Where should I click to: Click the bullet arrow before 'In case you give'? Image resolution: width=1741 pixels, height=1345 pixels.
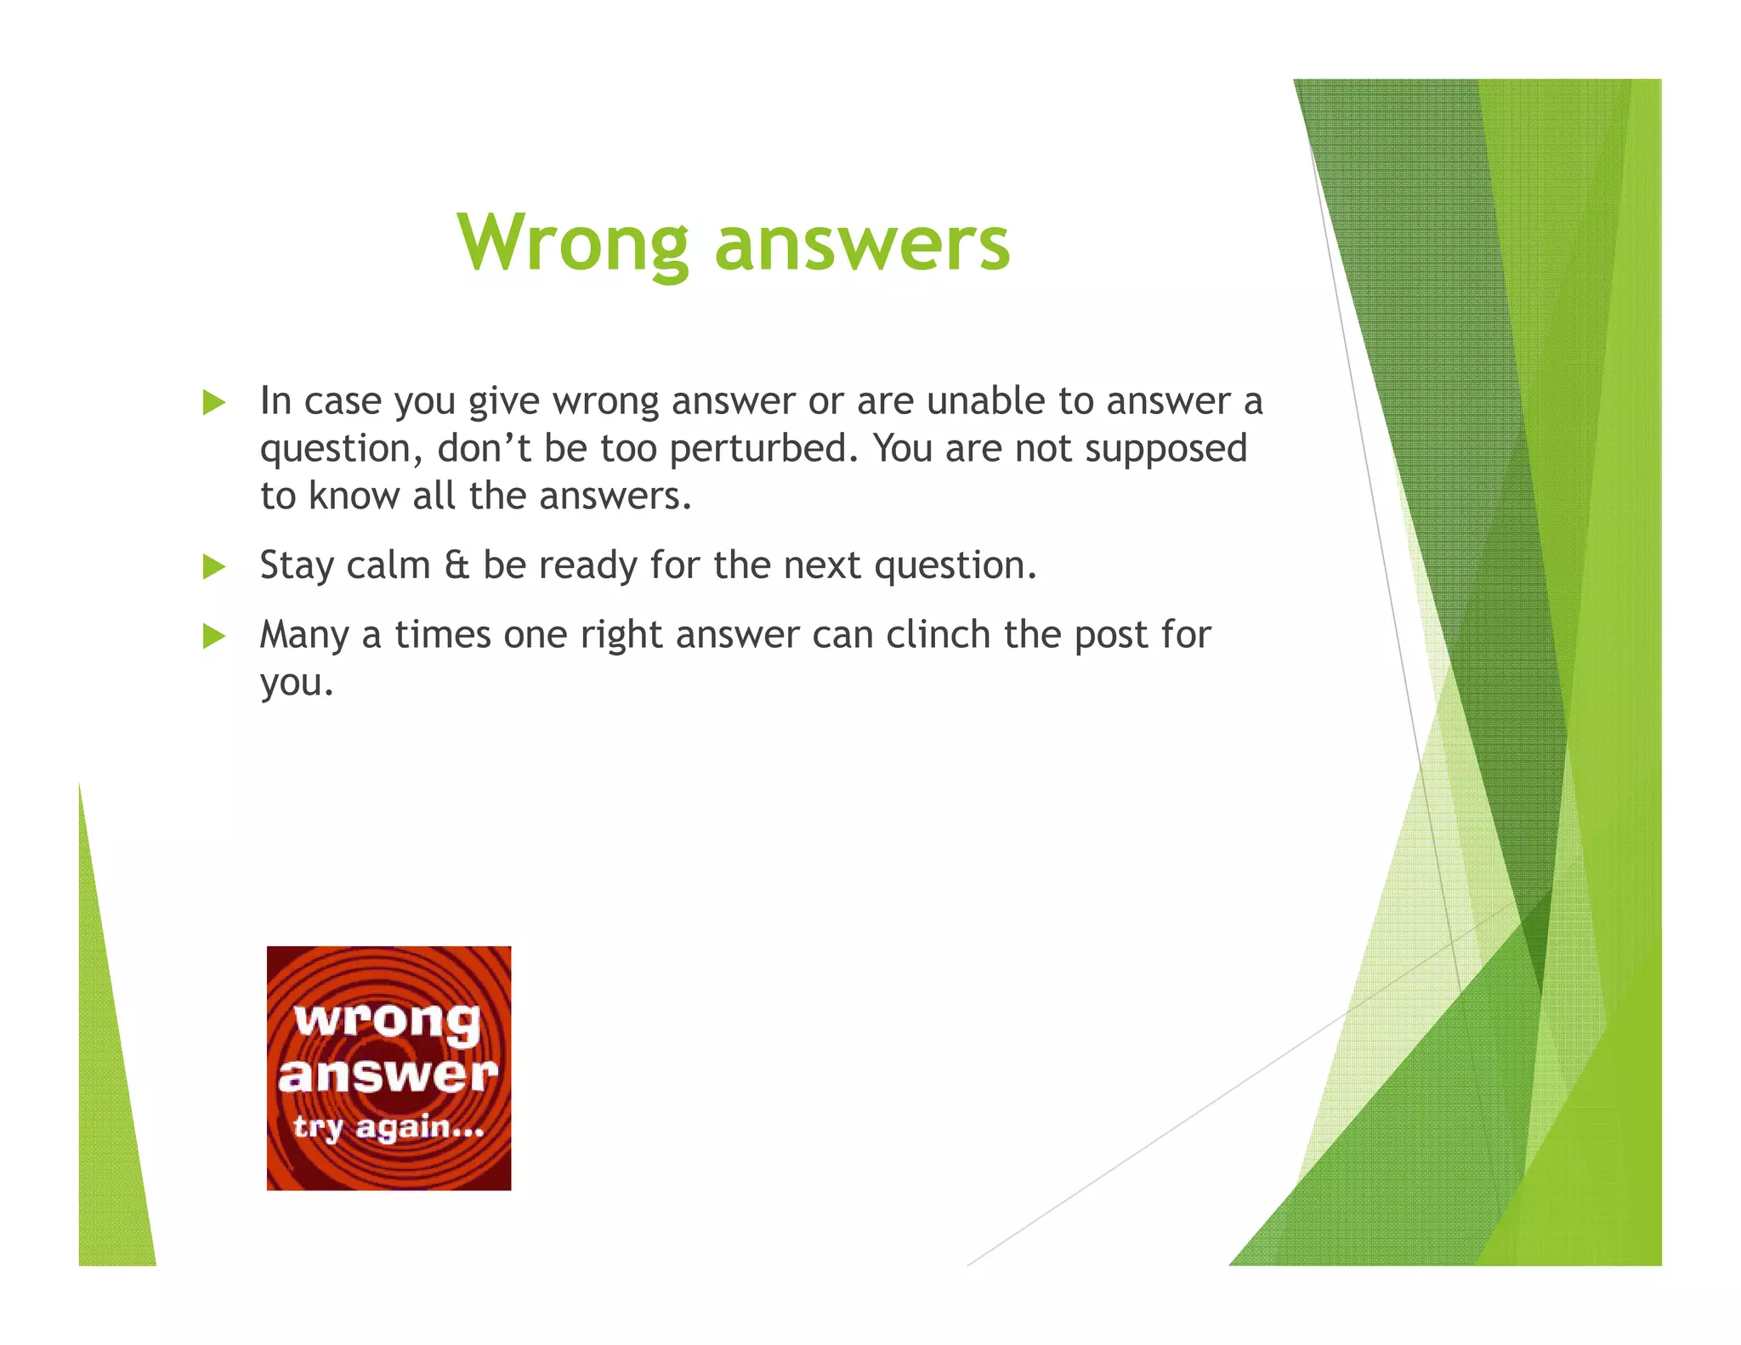pyautogui.click(x=214, y=402)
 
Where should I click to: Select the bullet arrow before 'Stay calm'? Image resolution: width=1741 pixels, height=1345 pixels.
pyautogui.click(x=214, y=566)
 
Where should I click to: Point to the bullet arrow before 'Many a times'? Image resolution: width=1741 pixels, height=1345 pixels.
pyautogui.click(x=214, y=636)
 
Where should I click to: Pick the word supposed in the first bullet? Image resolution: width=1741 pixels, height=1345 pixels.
pyautogui.click(x=1165, y=449)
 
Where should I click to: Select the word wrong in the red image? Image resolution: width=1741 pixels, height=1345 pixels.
pyautogui.click(x=387, y=1019)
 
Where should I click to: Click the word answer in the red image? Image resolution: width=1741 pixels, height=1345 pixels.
pyautogui.click(x=388, y=1075)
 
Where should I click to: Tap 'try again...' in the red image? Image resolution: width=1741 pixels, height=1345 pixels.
pyautogui.click(x=388, y=1127)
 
